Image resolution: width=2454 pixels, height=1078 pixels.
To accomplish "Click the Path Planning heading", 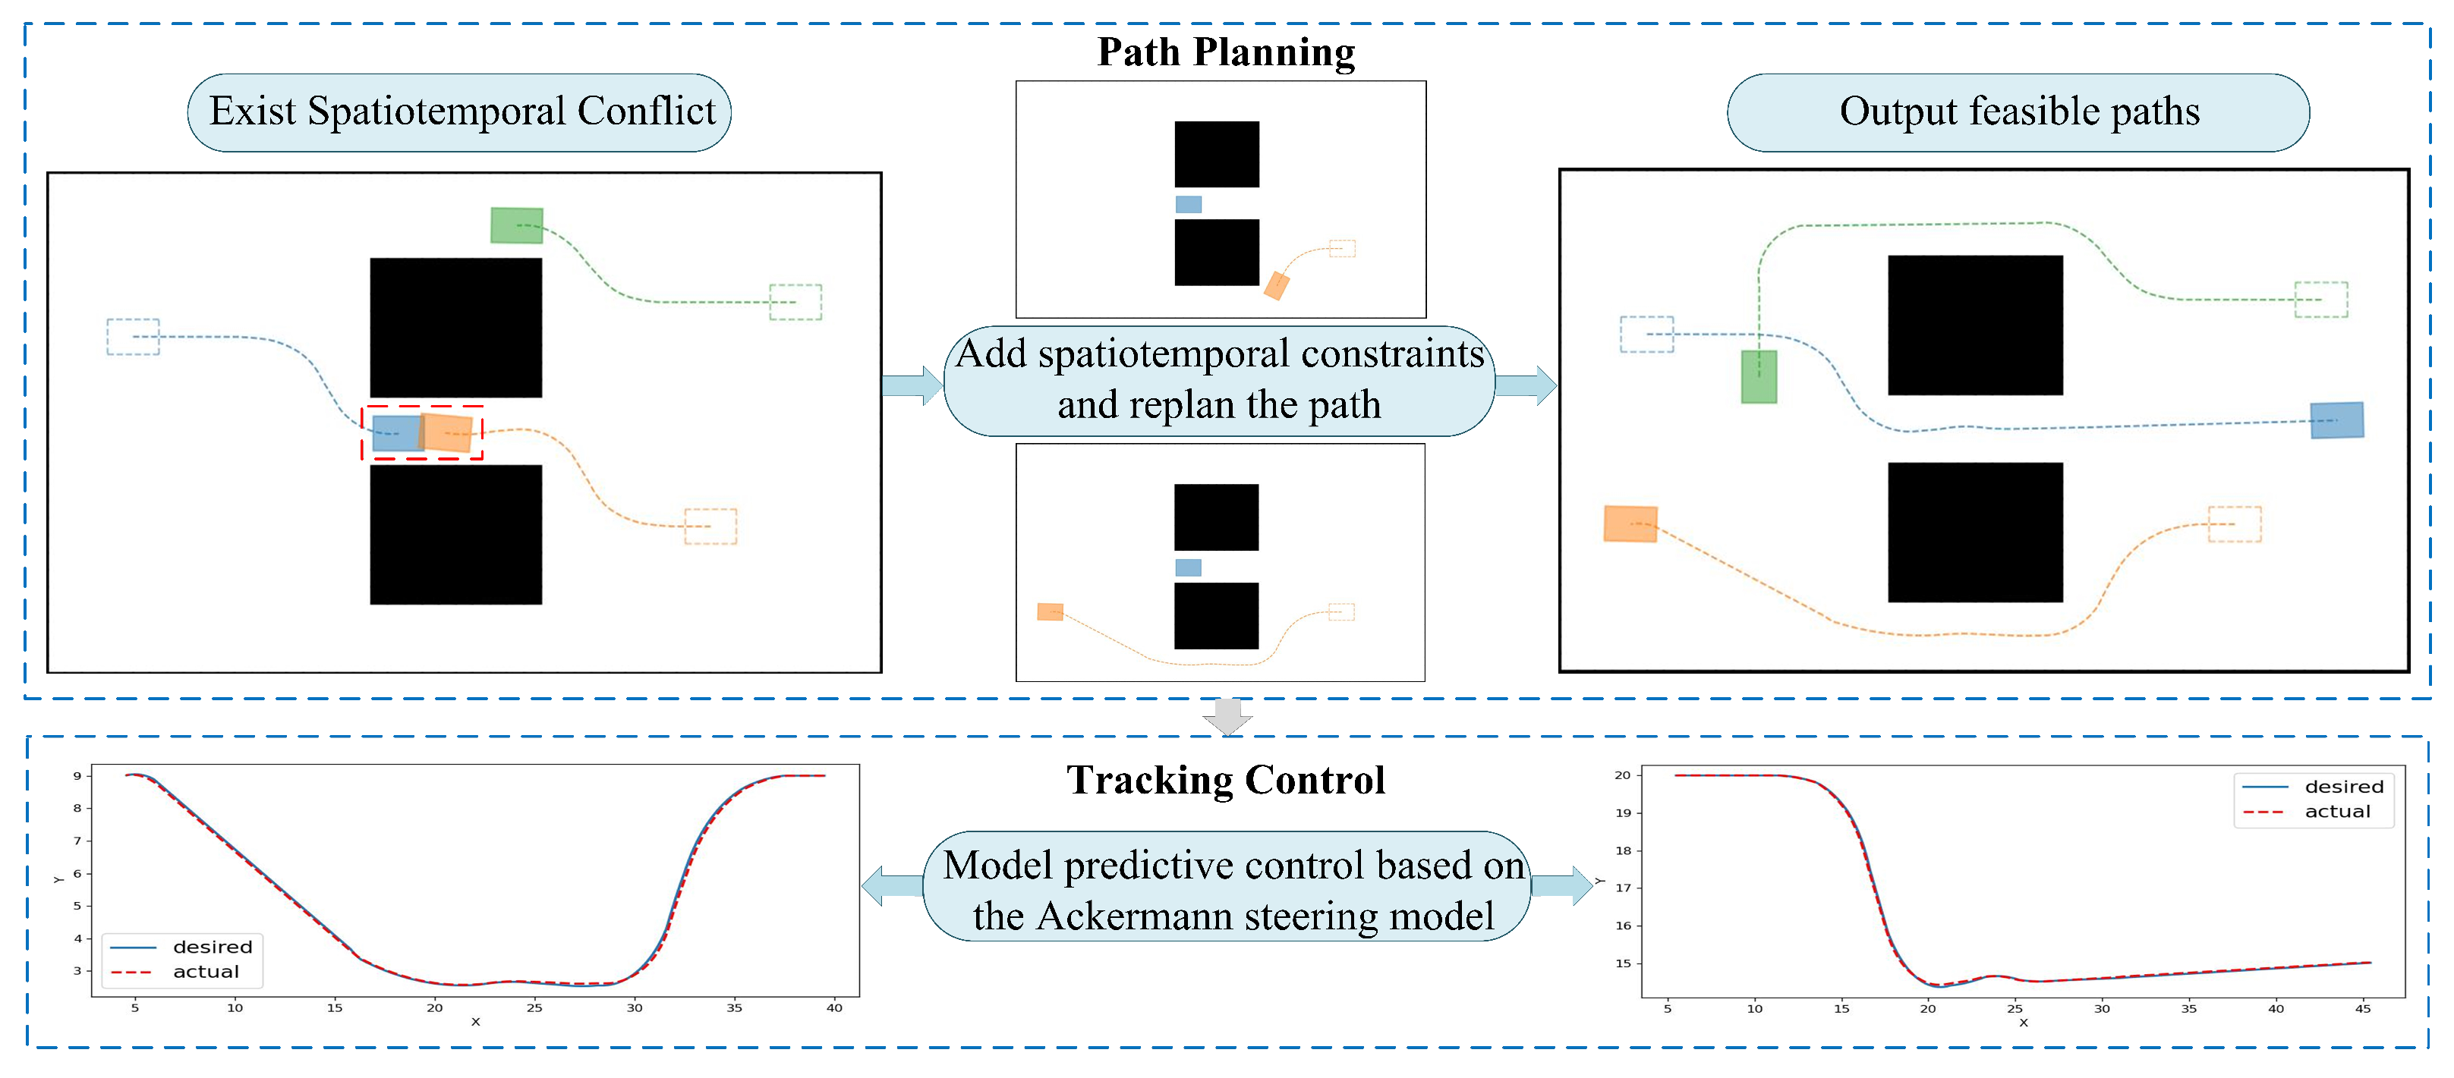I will click(x=1225, y=52).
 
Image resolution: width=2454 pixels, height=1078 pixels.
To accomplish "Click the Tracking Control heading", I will click(x=1225, y=780).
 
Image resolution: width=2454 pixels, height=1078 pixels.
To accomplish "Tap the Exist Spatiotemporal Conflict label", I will click(x=461, y=112).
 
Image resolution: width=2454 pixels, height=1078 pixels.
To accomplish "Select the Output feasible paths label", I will click(x=2018, y=112).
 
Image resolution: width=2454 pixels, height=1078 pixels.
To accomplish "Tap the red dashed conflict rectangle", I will click(x=422, y=433).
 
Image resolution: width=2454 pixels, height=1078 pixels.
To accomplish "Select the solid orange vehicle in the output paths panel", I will click(x=1630, y=523).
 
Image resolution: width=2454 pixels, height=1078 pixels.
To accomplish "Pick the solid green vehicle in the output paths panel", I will click(x=1759, y=377).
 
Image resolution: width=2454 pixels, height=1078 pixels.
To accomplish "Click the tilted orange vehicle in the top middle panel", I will click(x=1276, y=286).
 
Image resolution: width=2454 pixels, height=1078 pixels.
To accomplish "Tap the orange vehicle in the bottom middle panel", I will click(x=1050, y=611).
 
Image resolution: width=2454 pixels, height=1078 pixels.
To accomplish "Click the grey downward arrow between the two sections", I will click(x=1227, y=717).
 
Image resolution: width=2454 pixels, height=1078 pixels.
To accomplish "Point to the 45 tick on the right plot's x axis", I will click(x=2363, y=1008).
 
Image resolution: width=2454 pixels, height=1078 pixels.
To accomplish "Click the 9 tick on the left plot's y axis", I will click(x=77, y=776).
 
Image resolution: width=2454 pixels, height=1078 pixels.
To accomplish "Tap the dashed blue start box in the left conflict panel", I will click(x=132, y=337).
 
